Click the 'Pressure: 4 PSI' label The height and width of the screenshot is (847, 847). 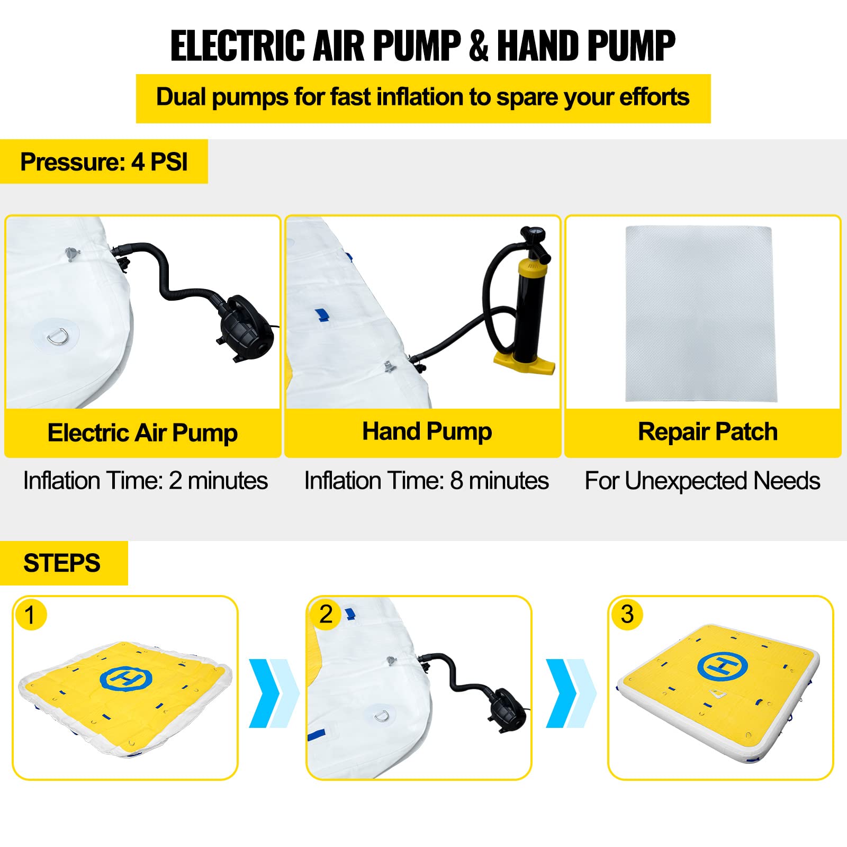(x=104, y=162)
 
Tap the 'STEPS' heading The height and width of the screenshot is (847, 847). (x=62, y=563)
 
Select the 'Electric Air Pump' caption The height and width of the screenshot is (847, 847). (x=142, y=433)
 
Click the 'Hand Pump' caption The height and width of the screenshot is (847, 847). (x=427, y=432)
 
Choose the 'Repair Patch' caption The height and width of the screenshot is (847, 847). (x=708, y=432)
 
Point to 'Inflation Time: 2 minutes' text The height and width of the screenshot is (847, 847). (x=146, y=481)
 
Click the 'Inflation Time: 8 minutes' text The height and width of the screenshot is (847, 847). (x=427, y=481)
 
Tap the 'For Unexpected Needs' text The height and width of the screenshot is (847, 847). (x=702, y=481)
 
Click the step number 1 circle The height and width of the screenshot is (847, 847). (x=31, y=615)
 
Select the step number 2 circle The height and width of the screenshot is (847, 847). (x=326, y=614)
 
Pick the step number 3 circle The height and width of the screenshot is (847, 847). (x=627, y=614)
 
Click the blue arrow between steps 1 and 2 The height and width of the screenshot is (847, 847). (x=274, y=693)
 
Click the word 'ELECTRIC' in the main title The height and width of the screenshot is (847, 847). (x=239, y=46)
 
